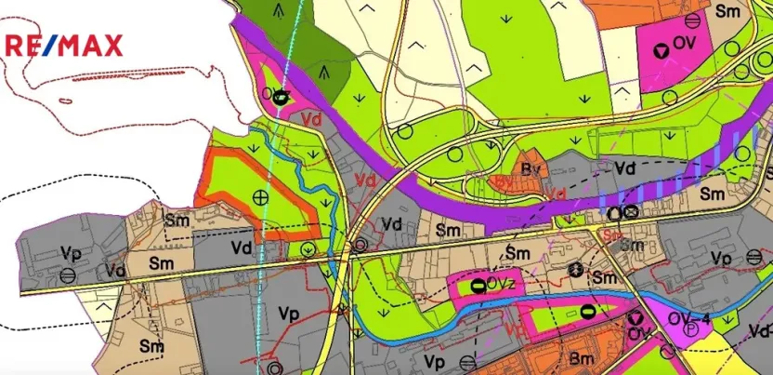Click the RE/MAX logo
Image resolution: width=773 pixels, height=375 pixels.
click(x=64, y=45)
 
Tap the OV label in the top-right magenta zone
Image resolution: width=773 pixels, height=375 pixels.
click(x=684, y=45)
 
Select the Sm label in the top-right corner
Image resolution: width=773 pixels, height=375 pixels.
click(x=727, y=13)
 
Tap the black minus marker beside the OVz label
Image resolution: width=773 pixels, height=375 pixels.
click(x=478, y=284)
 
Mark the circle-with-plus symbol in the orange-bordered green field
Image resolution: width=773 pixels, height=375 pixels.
click(x=260, y=196)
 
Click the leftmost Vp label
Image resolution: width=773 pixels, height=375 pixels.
click(x=69, y=253)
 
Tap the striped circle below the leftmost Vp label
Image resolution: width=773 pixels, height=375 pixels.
click(x=67, y=275)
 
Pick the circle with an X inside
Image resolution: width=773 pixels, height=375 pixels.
click(x=631, y=211)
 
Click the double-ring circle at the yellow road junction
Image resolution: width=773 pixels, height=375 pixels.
click(x=359, y=246)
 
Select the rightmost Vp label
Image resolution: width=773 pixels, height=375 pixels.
click(x=720, y=257)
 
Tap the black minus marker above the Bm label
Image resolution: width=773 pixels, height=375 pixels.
click(x=587, y=311)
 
